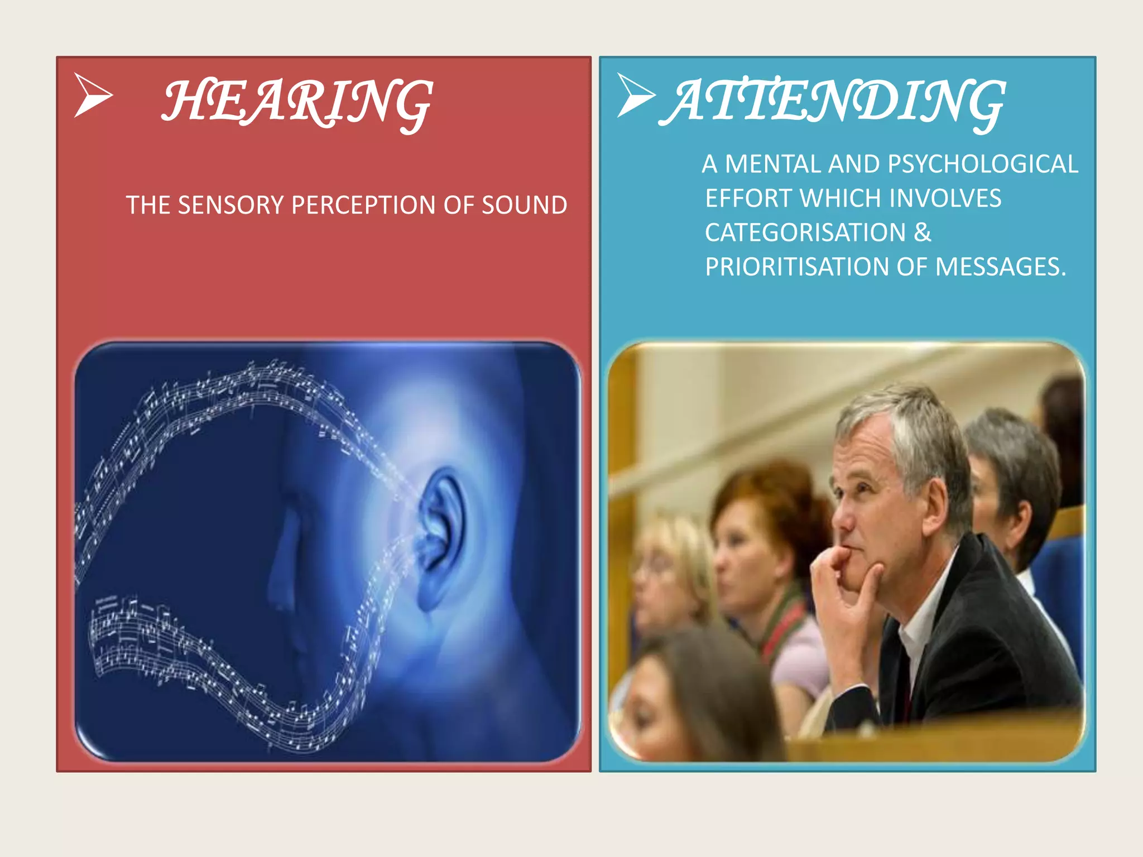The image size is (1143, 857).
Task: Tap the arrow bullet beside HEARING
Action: tap(93, 95)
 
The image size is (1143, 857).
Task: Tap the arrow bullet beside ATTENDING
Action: tap(636, 95)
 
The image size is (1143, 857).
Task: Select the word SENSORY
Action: tap(230, 205)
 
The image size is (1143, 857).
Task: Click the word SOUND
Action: tap(525, 205)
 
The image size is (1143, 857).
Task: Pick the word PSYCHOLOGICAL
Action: tap(982, 164)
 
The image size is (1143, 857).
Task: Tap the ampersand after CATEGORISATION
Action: tap(923, 233)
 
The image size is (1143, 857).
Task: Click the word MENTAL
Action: tap(772, 164)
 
